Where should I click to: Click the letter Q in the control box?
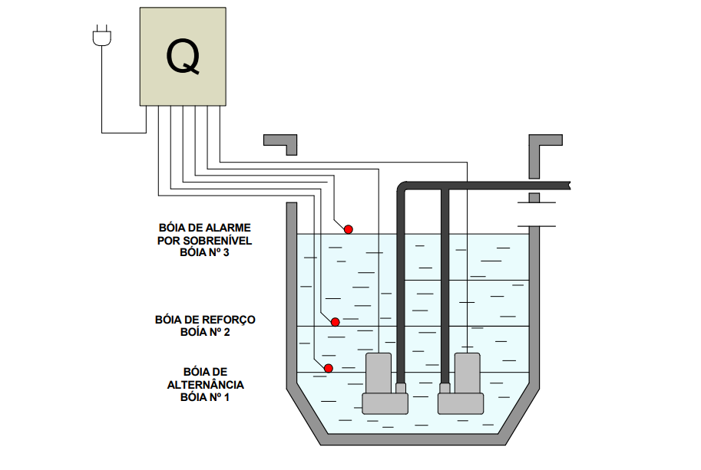click(x=183, y=56)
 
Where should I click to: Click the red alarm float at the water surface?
click(x=348, y=228)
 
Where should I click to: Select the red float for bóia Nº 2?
click(x=336, y=322)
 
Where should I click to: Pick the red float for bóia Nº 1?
click(x=328, y=369)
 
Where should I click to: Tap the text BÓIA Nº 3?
click(x=204, y=252)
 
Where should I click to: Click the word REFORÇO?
click(x=229, y=320)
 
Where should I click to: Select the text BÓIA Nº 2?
click(x=205, y=332)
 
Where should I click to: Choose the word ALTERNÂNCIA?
click(x=206, y=385)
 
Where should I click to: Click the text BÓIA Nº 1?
click(x=205, y=397)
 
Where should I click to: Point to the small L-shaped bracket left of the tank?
click(x=281, y=142)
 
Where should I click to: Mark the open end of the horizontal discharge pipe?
click(x=567, y=186)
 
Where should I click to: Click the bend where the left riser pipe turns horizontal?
click(x=401, y=189)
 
